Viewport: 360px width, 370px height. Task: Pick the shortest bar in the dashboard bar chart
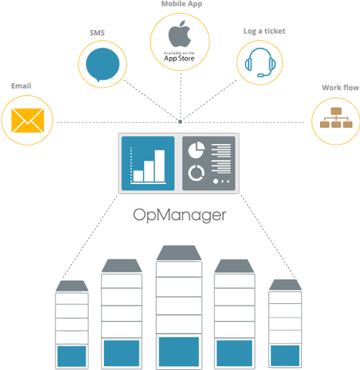[x=138, y=176]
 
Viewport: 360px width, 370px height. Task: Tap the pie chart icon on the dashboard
[x=195, y=151]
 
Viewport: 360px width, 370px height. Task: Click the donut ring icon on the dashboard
[x=196, y=173]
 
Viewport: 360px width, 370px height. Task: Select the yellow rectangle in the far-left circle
[x=28, y=119]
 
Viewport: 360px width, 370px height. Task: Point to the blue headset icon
[x=261, y=63]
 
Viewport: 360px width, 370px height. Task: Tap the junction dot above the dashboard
[x=180, y=122]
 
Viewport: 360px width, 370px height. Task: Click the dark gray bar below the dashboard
[x=179, y=216]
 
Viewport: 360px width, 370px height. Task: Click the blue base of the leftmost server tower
[x=71, y=356]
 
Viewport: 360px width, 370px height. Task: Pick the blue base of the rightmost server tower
[x=285, y=355]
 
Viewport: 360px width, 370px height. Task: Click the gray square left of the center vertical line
[x=153, y=100]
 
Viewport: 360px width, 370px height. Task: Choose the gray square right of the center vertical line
[x=210, y=100]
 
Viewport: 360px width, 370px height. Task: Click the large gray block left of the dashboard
[x=86, y=232]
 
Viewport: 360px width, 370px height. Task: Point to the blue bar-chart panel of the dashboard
[x=147, y=164]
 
